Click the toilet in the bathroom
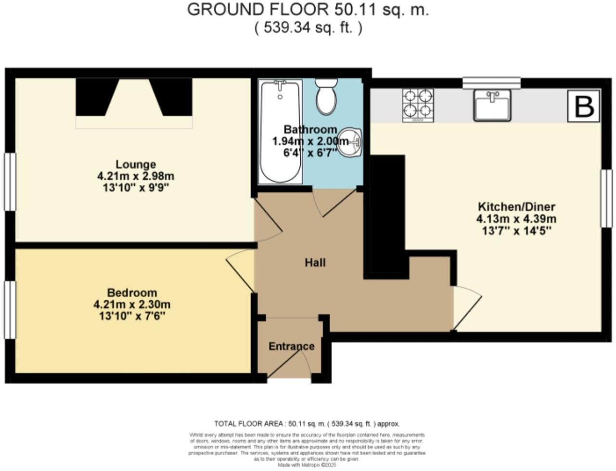click(x=327, y=97)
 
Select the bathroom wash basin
click(x=350, y=142)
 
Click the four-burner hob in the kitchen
click(x=417, y=104)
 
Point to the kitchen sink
click(x=492, y=104)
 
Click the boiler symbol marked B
click(x=584, y=106)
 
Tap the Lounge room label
click(x=135, y=165)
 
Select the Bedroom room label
click(x=132, y=293)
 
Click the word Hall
click(x=315, y=262)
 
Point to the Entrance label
click(x=291, y=346)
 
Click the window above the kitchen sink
click(x=491, y=83)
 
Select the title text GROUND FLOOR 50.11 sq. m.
click(x=308, y=10)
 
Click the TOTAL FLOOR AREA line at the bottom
click(x=307, y=424)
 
